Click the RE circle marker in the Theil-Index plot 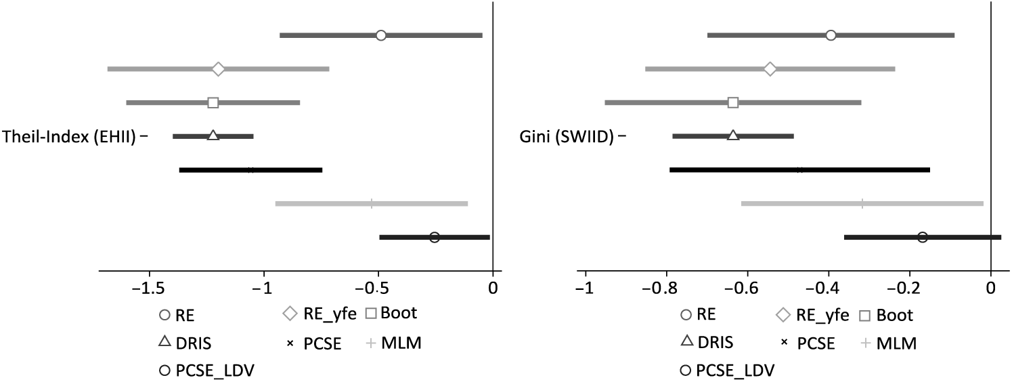click(x=381, y=35)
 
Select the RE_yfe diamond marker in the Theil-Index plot click(x=218, y=69)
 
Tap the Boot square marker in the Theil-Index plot click(x=213, y=103)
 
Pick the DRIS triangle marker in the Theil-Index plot click(x=213, y=135)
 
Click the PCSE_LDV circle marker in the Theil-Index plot click(x=435, y=237)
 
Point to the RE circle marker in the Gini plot click(x=831, y=35)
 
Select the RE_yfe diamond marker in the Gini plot click(x=770, y=69)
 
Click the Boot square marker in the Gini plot click(x=733, y=103)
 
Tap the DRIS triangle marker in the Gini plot click(x=733, y=135)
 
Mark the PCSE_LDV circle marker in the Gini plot click(x=922, y=237)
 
